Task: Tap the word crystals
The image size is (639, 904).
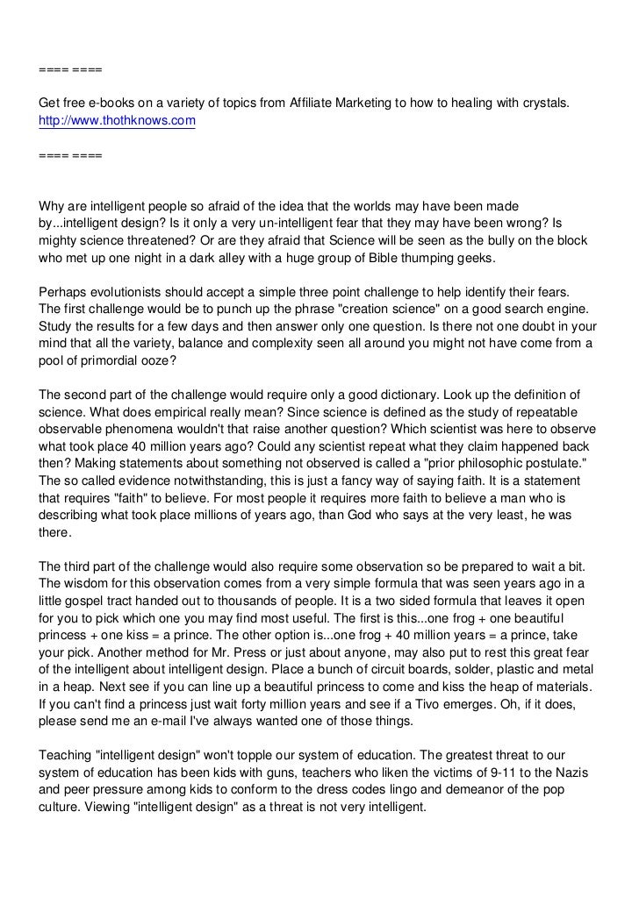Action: point(545,103)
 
